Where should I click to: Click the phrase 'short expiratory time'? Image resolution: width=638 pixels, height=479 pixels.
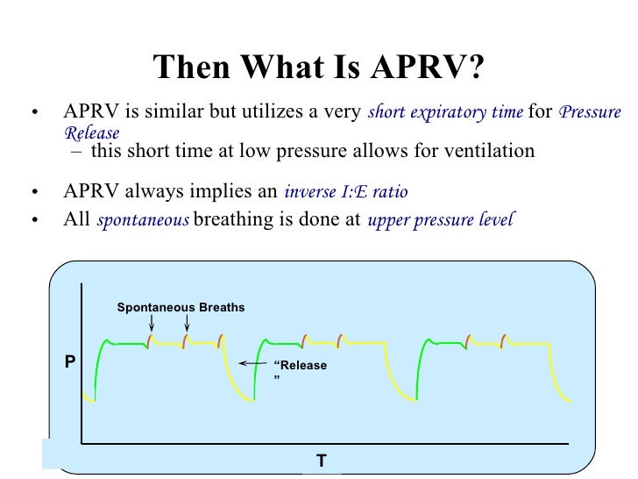pos(446,112)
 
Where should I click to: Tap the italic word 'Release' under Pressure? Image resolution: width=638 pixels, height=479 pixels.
pos(91,132)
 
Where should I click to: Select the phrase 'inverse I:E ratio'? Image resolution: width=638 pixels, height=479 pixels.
pos(345,192)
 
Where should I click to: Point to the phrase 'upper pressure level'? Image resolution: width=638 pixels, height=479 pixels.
pos(440,220)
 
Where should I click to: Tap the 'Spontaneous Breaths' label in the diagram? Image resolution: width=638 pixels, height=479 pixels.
pos(181,307)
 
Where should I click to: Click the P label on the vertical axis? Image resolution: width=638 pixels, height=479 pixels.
pos(70,361)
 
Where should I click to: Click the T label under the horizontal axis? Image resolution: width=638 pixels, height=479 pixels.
pos(321,460)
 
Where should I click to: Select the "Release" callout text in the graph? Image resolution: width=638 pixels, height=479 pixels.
pos(300,367)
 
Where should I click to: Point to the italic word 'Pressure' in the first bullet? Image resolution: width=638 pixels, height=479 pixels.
pos(590,112)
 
